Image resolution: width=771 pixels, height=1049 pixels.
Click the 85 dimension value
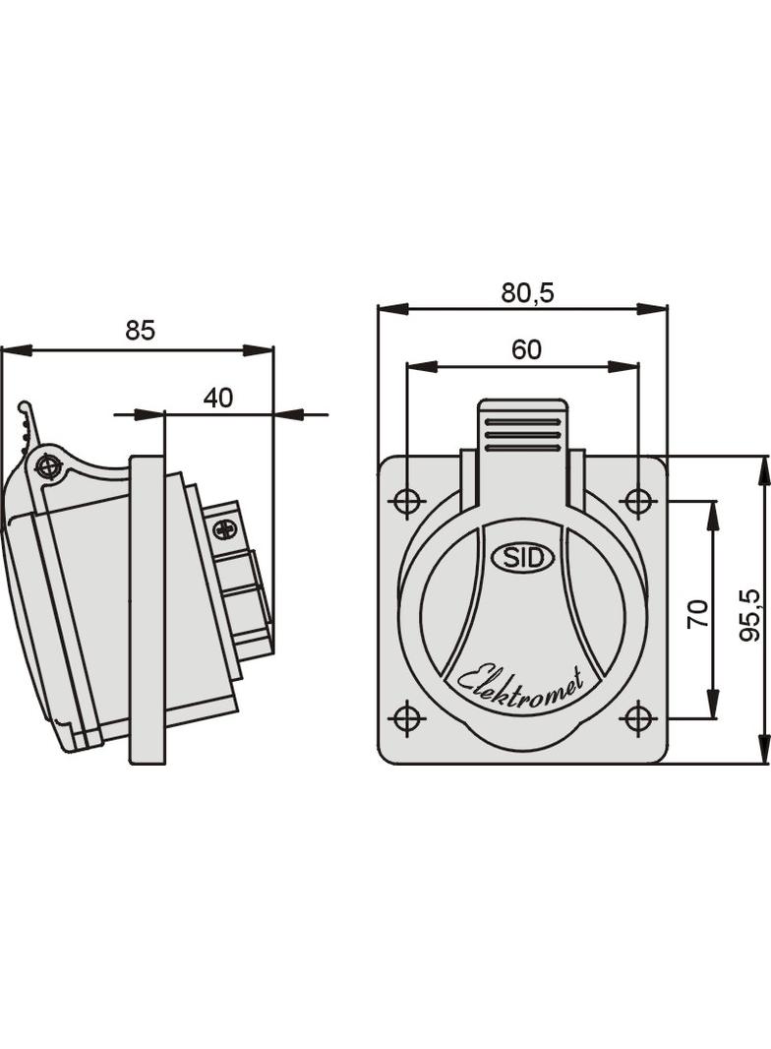[x=140, y=331]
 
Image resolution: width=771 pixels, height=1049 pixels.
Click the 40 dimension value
[x=217, y=398]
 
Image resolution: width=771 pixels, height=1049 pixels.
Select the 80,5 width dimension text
[x=527, y=292]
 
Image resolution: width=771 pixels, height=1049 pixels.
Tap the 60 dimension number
[x=526, y=350]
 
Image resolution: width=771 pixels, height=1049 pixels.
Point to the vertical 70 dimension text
[x=697, y=614]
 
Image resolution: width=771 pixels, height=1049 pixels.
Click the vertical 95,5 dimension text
[x=750, y=615]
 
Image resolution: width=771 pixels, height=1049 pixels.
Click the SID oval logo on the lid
[x=522, y=558]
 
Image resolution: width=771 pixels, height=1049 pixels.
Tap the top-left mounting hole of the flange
[x=406, y=502]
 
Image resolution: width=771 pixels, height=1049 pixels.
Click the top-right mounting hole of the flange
[x=639, y=502]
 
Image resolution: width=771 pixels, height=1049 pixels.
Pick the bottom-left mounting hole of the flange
[x=406, y=718]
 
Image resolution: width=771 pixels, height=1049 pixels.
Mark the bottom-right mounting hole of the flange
[x=639, y=718]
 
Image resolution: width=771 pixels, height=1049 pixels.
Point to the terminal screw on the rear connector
[x=225, y=529]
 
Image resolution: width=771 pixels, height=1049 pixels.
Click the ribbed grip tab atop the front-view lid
[x=522, y=429]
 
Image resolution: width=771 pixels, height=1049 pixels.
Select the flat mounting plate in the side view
[x=148, y=610]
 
